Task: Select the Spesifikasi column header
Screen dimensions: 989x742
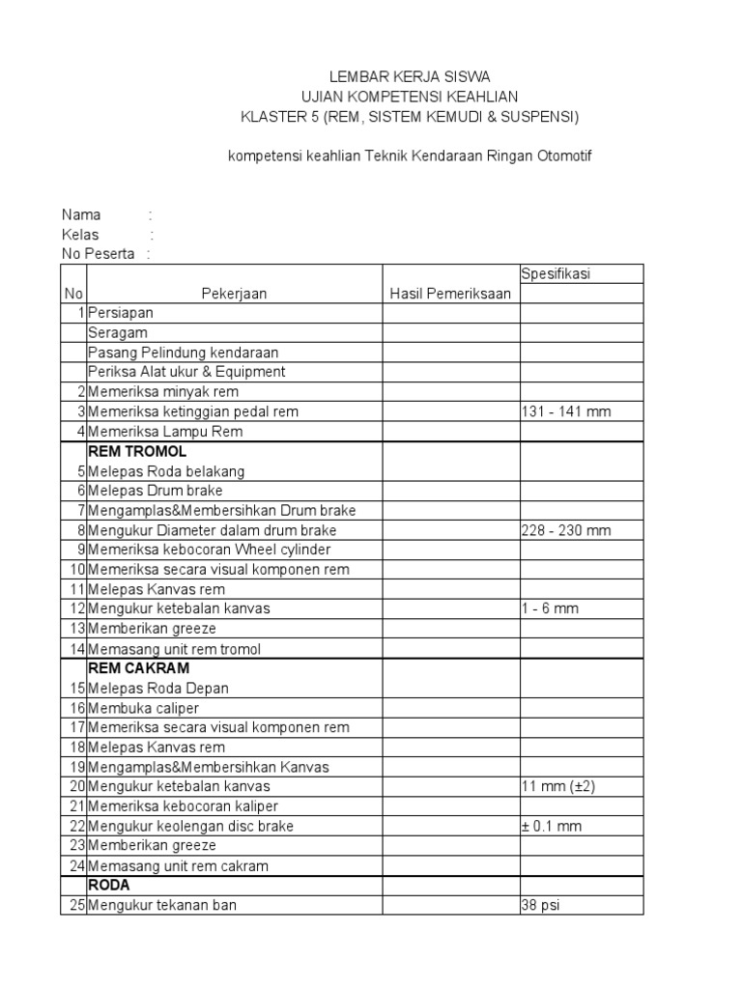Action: click(x=556, y=274)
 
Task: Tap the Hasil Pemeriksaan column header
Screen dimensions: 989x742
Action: click(x=449, y=295)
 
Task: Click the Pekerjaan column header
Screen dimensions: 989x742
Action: click(x=234, y=295)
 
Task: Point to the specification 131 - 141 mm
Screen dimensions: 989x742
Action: click(x=566, y=411)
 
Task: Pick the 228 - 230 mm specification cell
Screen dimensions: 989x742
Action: click(x=566, y=530)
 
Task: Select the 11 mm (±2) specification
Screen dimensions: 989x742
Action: click(x=558, y=786)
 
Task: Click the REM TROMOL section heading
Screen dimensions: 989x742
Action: click(x=137, y=451)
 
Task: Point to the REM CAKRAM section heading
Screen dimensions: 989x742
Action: click(x=139, y=668)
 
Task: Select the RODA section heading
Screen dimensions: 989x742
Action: click(x=109, y=885)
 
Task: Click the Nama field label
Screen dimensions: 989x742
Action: click(x=81, y=214)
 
